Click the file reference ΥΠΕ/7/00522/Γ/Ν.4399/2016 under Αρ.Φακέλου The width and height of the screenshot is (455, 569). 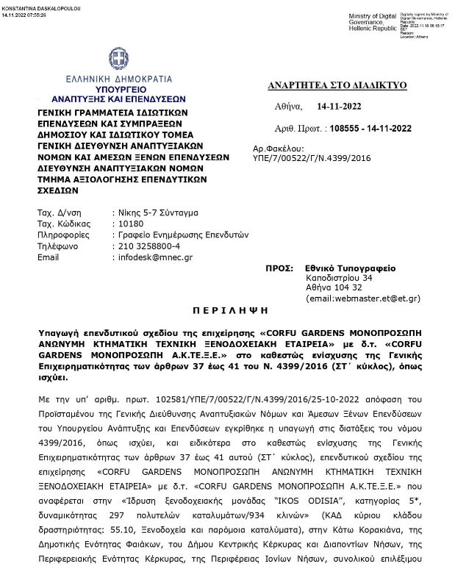322,158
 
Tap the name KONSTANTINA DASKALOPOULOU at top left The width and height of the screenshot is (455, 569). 42,7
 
